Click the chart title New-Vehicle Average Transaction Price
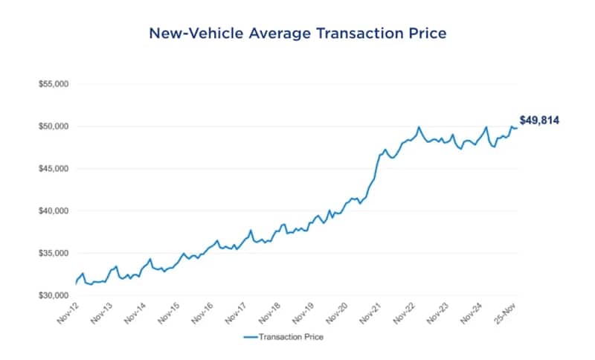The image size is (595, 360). pos(297,33)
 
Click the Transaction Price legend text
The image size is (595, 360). pos(291,337)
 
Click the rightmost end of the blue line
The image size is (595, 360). pos(518,129)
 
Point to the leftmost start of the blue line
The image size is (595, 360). pos(76,283)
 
